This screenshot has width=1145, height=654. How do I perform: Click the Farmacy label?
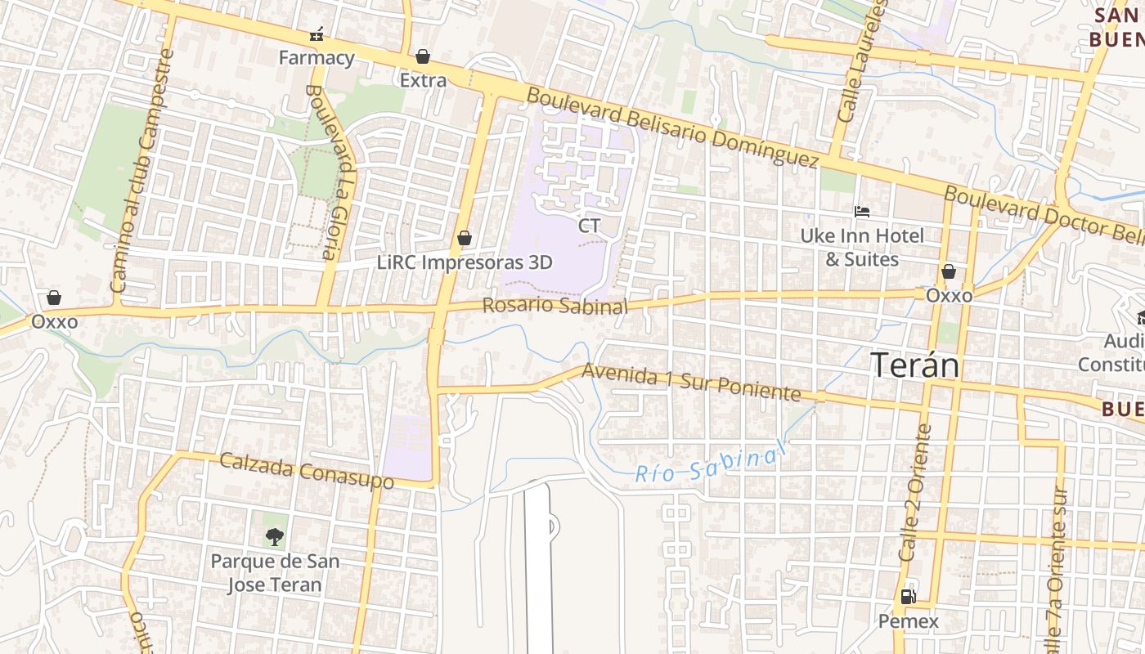316,58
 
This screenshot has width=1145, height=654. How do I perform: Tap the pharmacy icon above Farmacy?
317,34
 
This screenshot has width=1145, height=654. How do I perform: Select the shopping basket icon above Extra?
423,56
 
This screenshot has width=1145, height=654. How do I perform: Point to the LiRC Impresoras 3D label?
465,262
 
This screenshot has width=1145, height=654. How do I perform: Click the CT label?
589,226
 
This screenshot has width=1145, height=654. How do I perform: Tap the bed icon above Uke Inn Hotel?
861,212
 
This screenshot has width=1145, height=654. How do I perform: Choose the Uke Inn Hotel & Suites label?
862,248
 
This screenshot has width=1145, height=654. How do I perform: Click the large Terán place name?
914,365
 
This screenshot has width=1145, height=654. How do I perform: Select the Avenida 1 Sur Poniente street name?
691,383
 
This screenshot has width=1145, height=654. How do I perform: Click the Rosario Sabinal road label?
555,306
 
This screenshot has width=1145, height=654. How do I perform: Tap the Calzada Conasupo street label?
307,471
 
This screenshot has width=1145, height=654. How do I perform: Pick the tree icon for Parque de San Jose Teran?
274,537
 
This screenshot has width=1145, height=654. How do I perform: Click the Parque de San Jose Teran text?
275,573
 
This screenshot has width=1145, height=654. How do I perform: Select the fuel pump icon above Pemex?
908,597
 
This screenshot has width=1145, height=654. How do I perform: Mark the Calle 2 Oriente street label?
914,492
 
